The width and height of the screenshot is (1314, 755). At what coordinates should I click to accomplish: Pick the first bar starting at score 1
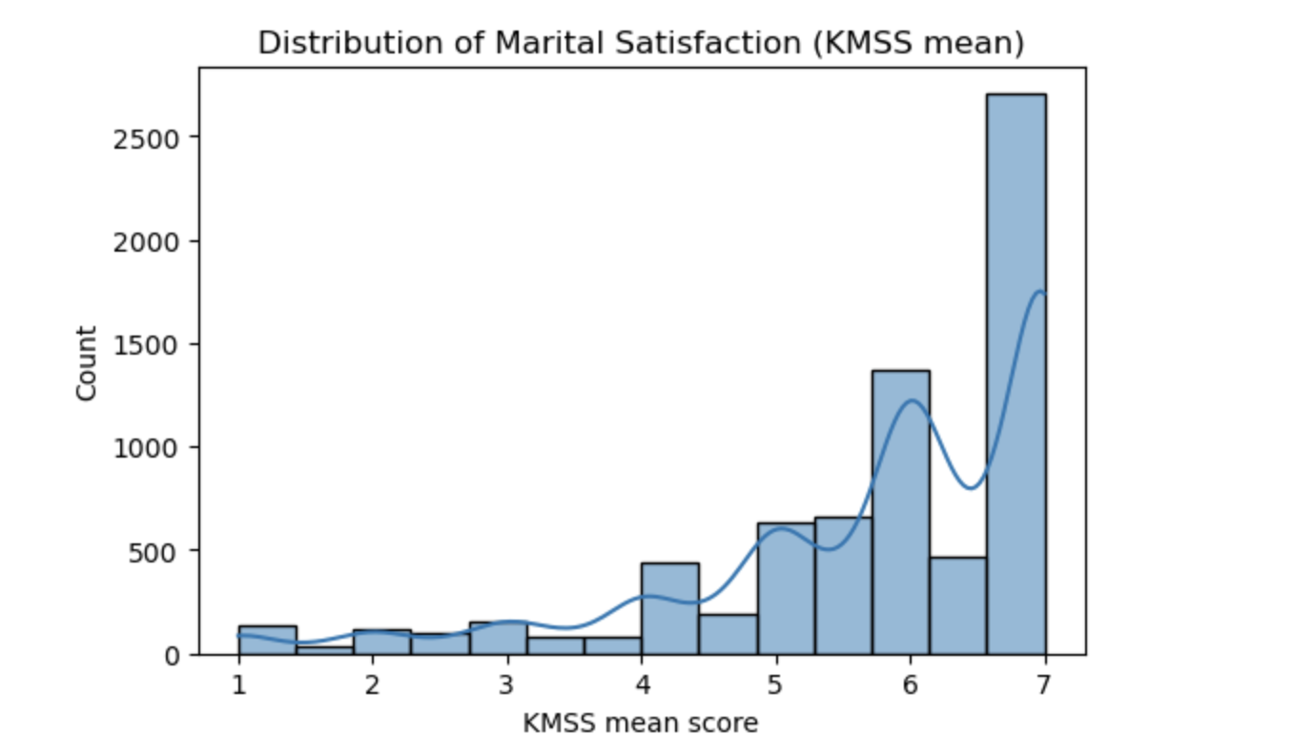(267, 640)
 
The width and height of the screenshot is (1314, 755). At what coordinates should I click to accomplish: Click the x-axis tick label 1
(238, 684)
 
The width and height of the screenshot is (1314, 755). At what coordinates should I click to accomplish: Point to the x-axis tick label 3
(507, 684)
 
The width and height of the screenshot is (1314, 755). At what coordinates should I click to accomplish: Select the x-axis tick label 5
(776, 684)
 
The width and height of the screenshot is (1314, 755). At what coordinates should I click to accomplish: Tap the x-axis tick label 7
(1045, 684)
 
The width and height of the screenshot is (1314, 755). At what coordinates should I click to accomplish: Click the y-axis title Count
(88, 362)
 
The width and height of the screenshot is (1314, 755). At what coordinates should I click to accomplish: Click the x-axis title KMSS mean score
(641, 724)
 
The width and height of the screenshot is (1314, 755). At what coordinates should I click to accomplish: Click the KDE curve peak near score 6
(913, 400)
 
